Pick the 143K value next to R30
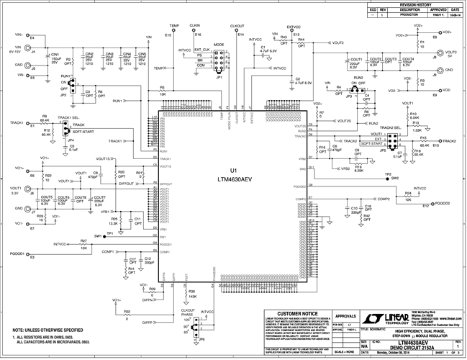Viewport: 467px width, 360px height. click(192, 296)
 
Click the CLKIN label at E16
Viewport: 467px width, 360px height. click(194, 25)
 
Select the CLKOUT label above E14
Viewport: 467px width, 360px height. click(237, 25)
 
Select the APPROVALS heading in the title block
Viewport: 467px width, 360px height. click(347, 315)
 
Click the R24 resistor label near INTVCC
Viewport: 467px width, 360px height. click(407, 193)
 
